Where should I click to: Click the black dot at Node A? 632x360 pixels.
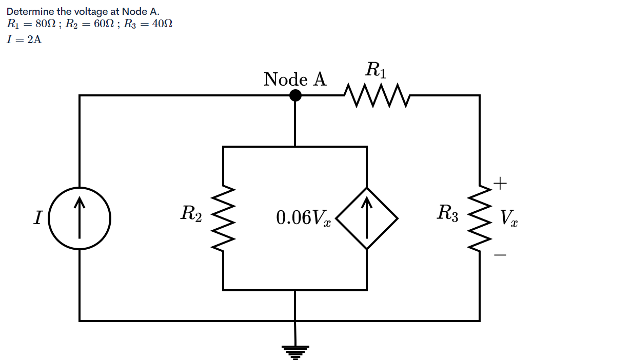click(295, 95)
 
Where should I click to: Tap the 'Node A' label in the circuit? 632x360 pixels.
click(295, 79)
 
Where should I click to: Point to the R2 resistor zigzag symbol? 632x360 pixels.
click(223, 218)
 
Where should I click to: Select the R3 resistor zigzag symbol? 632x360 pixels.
click(480, 218)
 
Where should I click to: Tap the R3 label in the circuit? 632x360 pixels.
click(447, 213)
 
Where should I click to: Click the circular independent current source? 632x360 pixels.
click(80, 218)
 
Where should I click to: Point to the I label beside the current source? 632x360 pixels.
click(37, 218)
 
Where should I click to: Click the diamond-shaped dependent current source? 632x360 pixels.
click(367, 218)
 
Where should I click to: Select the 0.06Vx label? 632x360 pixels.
click(303, 218)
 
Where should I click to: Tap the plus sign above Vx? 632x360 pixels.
click(501, 182)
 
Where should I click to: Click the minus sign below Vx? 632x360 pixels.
click(501, 254)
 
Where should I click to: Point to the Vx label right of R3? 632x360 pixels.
click(509, 218)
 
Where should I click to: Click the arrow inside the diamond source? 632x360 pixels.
click(367, 218)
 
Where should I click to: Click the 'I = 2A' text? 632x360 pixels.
click(24, 40)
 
